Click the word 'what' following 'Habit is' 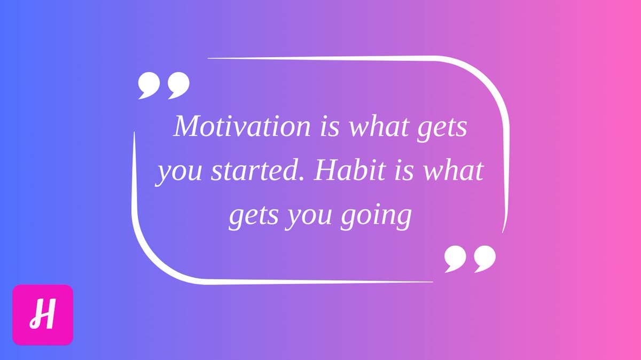pos(437,171)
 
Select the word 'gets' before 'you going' pos(251,217)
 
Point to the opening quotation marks pos(163,85)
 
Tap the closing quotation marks pos(470,259)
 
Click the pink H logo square pos(43,315)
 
